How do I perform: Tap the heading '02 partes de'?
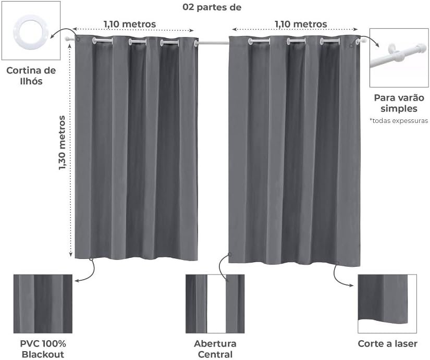tap(212, 7)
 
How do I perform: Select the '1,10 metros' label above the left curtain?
tap(129, 24)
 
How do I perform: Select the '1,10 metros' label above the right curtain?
tap(301, 24)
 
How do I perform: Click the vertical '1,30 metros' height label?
tap(63, 143)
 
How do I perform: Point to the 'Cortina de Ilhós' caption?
tap(31, 76)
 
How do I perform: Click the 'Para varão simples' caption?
tap(399, 103)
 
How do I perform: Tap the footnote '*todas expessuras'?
tap(399, 120)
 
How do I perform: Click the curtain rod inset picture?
tap(399, 57)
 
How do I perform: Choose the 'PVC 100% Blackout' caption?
tap(43, 349)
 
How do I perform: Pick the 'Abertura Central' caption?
tap(215, 349)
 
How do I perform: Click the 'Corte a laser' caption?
tap(387, 344)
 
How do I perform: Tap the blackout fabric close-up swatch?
tap(43, 304)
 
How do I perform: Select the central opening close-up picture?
tap(215, 304)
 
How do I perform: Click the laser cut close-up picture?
tap(387, 304)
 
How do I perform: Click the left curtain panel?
tap(137, 151)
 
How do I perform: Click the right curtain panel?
tap(294, 151)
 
